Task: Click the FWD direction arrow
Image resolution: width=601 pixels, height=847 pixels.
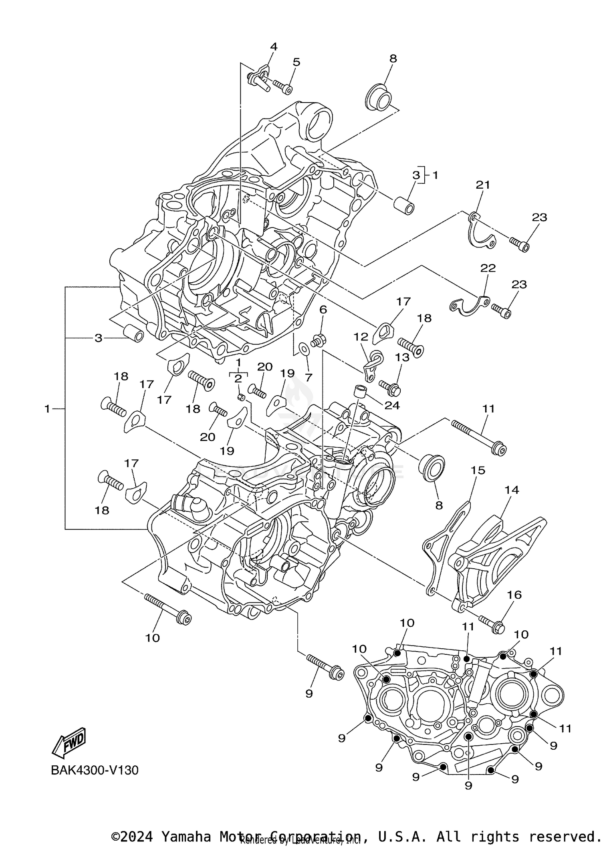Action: coord(69,742)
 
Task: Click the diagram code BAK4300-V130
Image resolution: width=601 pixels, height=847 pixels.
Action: coord(95,770)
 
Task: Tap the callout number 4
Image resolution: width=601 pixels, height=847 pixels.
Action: coord(274,47)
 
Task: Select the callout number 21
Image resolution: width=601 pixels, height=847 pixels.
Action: coord(483,185)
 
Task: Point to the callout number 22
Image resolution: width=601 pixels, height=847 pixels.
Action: coord(488,268)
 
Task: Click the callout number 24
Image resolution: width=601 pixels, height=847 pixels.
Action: coord(392,405)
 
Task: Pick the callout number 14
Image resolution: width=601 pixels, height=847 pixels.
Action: coord(512,490)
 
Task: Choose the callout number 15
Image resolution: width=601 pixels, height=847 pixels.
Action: coord(478,470)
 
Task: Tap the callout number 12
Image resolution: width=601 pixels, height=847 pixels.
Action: coord(361,337)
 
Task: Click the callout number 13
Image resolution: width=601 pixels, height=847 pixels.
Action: coord(402,357)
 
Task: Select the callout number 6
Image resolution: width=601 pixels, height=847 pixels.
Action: coord(323,310)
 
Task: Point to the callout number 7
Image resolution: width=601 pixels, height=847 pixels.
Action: coord(308,377)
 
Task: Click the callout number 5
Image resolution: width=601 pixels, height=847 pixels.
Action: coord(296,62)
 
